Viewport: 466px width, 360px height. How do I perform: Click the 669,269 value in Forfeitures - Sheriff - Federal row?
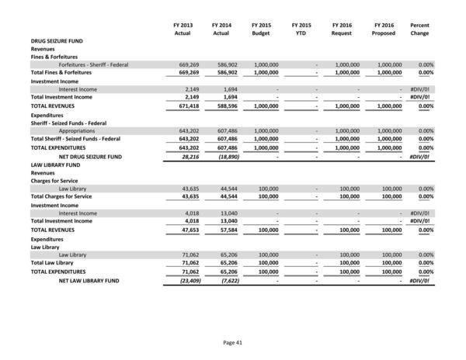coord(179,64)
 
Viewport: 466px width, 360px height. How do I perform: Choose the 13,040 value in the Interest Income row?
coord(222,213)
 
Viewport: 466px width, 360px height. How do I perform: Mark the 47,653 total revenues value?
coord(180,230)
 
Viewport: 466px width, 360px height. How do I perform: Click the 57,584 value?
coord(222,230)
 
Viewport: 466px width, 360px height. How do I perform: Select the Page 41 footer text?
coord(233,341)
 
